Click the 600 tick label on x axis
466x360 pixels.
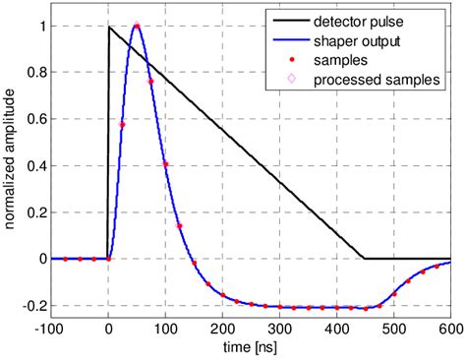(x=451, y=327)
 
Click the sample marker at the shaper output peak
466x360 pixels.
(x=137, y=27)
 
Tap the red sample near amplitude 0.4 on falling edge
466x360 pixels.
(x=165, y=164)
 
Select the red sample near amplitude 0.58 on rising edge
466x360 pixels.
(x=122, y=124)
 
